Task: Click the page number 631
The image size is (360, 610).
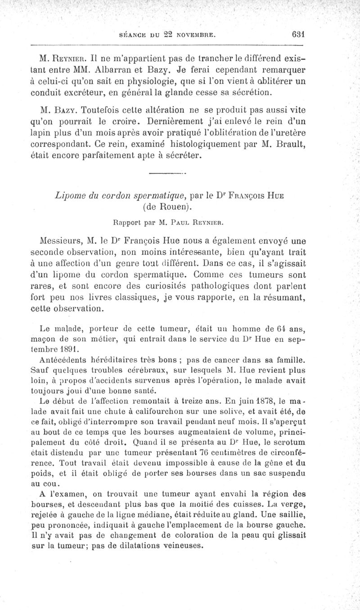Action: (x=298, y=34)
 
